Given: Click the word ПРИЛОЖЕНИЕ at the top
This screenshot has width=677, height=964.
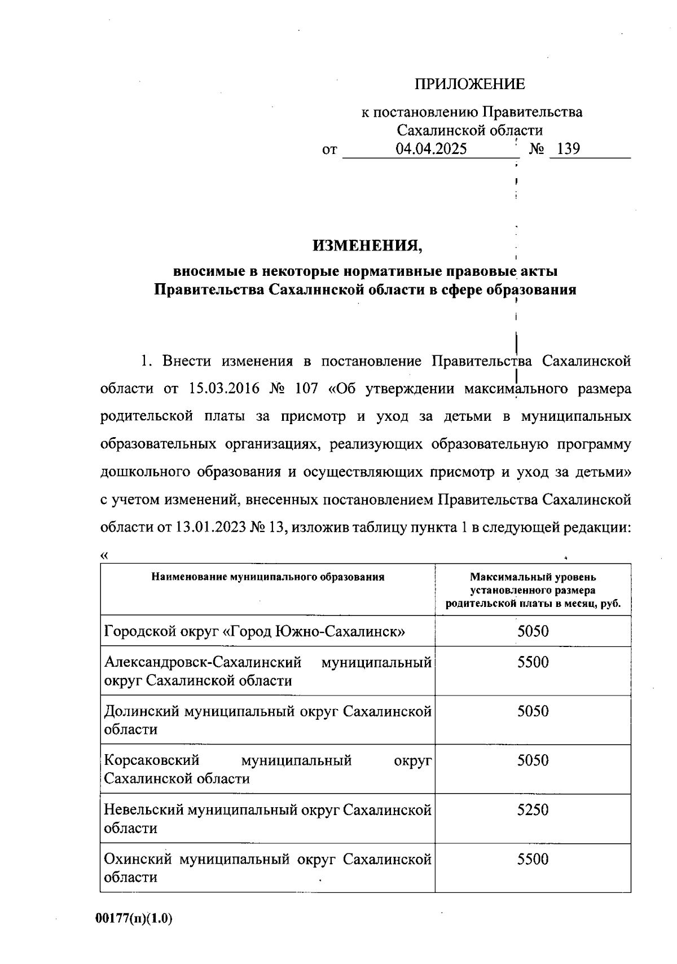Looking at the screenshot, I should [469, 85].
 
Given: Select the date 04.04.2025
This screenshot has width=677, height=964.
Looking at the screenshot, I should [431, 149].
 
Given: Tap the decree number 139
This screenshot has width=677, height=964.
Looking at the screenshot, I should [568, 149].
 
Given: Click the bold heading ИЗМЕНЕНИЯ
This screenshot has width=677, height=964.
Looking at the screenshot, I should [367, 245].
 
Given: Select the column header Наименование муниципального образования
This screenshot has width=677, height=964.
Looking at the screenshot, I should [267, 577].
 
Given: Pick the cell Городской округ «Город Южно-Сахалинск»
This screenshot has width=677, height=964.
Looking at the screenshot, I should [255, 631].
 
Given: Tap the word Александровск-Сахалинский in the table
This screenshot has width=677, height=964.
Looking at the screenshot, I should [203, 662].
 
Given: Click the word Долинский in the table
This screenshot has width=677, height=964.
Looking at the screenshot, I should [142, 711].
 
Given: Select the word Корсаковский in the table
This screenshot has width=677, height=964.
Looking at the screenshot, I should [152, 760].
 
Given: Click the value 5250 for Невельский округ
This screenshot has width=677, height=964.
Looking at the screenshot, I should [533, 810].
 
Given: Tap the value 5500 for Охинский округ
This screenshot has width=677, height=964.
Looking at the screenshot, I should [533, 860].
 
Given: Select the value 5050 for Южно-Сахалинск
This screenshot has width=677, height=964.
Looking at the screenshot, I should [533, 631].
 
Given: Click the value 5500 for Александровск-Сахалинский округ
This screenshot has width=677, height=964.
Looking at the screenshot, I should [533, 662].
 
